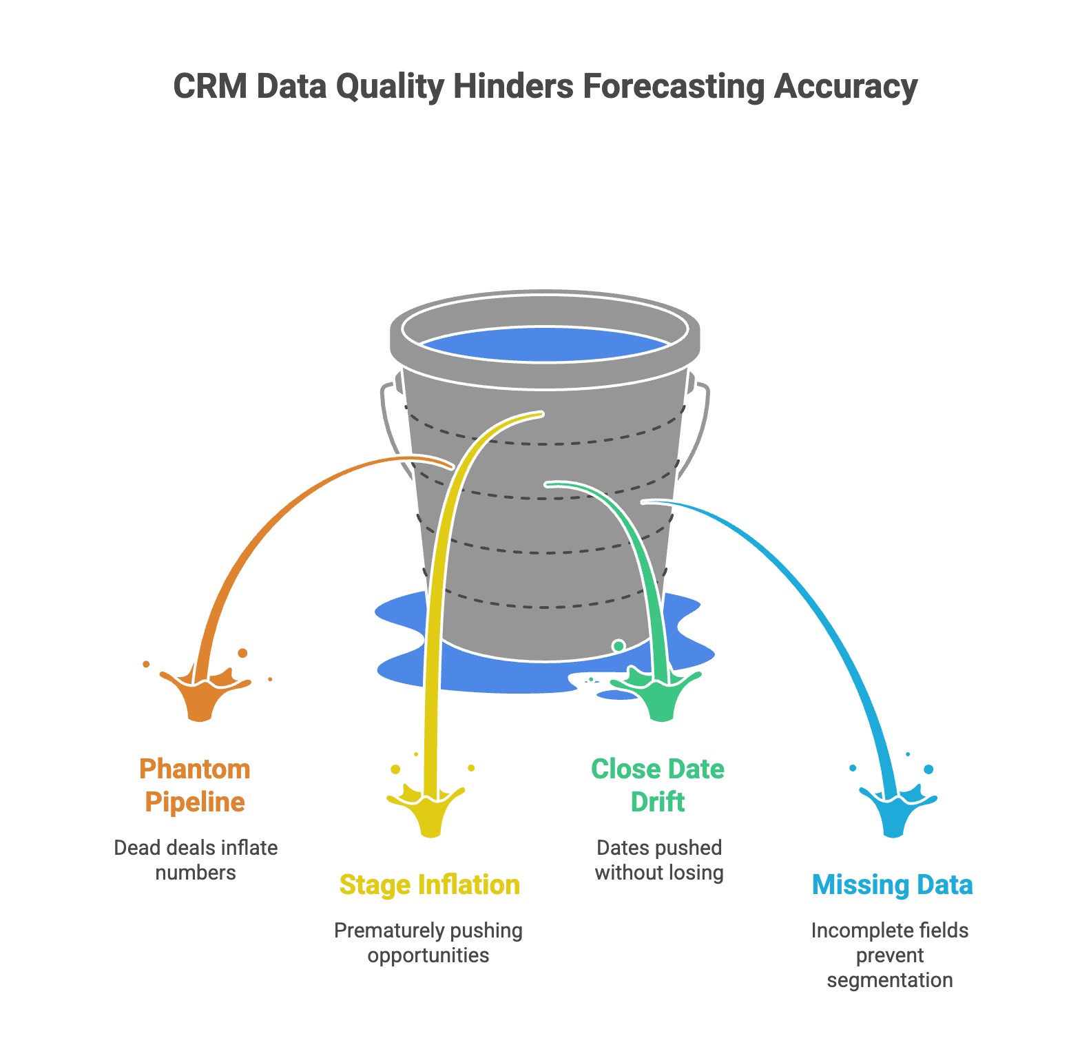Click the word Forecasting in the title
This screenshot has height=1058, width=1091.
click(673, 87)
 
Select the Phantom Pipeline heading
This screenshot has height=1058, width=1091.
click(195, 785)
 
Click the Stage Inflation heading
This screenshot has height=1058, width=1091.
click(429, 885)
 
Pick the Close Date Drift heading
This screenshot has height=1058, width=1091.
click(658, 785)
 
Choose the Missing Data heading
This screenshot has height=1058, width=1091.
click(892, 885)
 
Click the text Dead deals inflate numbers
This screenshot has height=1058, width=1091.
click(196, 860)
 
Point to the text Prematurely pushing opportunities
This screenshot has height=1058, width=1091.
click(428, 942)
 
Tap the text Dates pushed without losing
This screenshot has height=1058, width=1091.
click(659, 860)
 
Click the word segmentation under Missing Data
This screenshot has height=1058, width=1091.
click(890, 980)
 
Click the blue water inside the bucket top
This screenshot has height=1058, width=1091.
click(544, 344)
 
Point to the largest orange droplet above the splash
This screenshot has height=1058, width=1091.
click(242, 652)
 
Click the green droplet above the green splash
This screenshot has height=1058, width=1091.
click(619, 645)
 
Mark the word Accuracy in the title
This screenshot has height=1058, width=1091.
click(845, 87)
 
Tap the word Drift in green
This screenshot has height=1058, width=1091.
click(658, 802)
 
